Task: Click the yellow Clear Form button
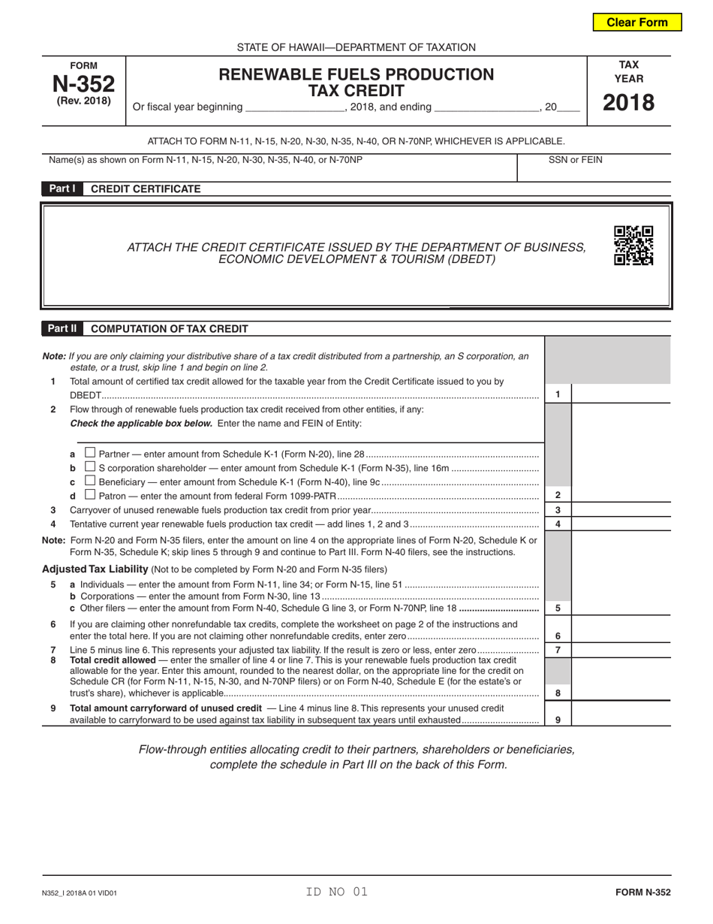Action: pyautogui.click(x=637, y=22)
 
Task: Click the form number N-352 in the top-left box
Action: pyautogui.click(x=83, y=83)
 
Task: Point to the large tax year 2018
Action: pyautogui.click(x=629, y=102)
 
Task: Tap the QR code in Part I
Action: pyautogui.click(x=633, y=246)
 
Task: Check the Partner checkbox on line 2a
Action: pyautogui.click(x=90, y=453)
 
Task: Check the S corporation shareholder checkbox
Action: pyautogui.click(x=90, y=467)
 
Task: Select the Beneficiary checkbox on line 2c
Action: pyautogui.click(x=90, y=481)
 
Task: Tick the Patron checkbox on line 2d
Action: pyautogui.click(x=90, y=495)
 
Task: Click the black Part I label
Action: pyautogui.click(x=62, y=189)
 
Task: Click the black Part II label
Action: pyautogui.click(x=62, y=328)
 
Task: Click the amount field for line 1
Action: pyautogui.click(x=621, y=394)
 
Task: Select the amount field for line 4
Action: pyautogui.click(x=621, y=524)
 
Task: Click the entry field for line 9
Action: pyautogui.click(x=621, y=719)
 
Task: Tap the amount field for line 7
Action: pyautogui.click(x=621, y=650)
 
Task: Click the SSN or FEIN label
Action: pyautogui.click(x=575, y=159)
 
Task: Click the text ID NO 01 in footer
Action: pyautogui.click(x=336, y=892)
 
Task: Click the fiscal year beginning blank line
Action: pyautogui.click(x=294, y=107)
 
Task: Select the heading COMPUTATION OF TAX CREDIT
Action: pyautogui.click(x=169, y=328)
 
